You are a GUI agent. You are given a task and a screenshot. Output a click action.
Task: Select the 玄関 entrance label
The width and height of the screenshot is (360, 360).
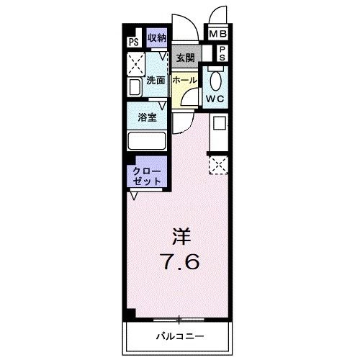click(x=185, y=58)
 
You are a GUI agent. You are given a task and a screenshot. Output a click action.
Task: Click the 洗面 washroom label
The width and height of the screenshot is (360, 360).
click(x=156, y=81)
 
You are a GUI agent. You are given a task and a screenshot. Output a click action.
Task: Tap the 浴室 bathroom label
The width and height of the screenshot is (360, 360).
click(x=148, y=117)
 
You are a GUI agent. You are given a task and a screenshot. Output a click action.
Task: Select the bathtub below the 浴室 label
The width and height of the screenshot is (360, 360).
click(x=148, y=140)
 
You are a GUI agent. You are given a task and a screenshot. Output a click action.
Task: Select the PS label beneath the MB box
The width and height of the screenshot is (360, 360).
click(x=222, y=52)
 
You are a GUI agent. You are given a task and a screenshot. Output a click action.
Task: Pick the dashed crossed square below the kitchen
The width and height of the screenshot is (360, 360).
click(x=218, y=165)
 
